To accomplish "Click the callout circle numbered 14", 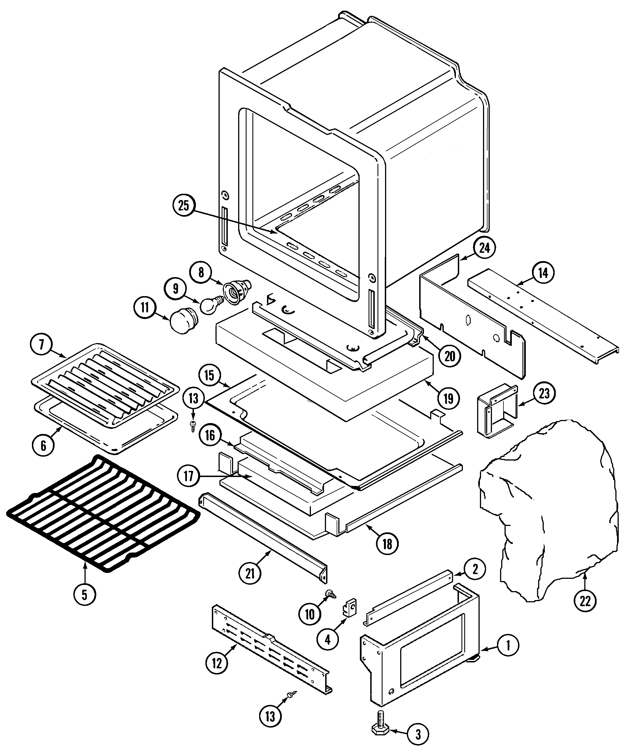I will [543, 273].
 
